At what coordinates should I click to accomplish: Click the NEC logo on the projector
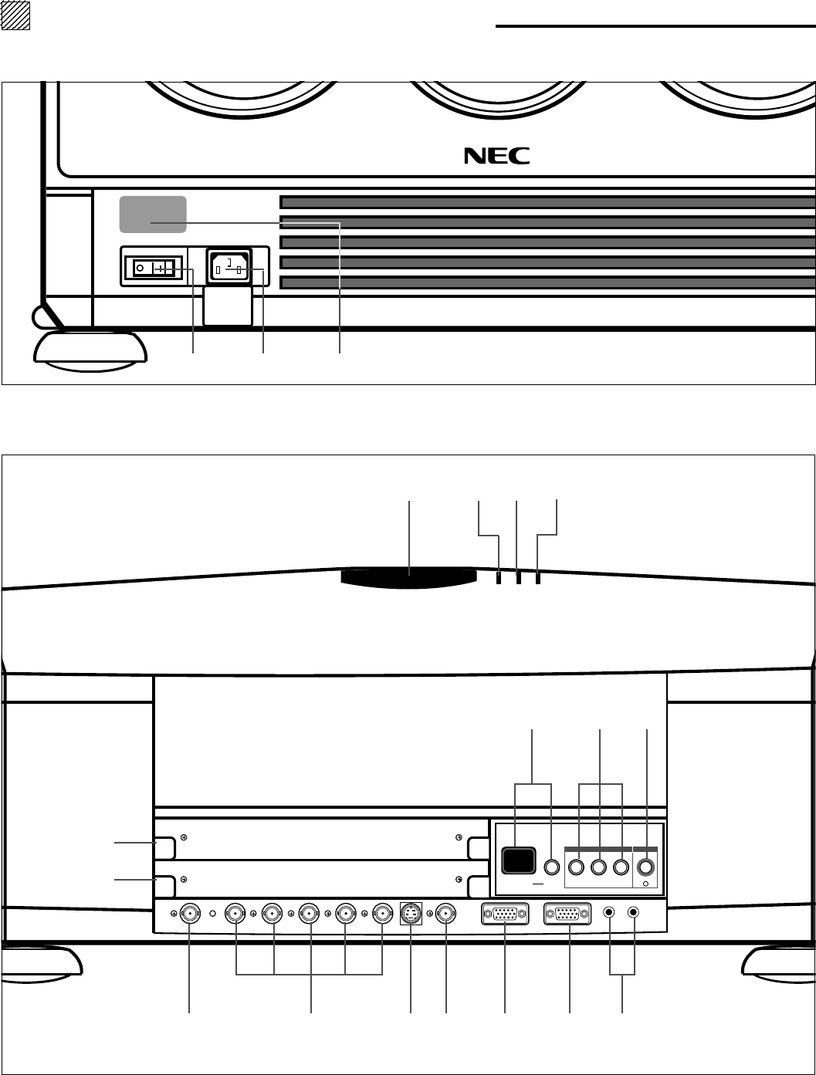[x=497, y=156]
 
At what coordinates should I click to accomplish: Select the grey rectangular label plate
[x=153, y=214]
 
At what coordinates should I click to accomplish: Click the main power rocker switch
[x=154, y=269]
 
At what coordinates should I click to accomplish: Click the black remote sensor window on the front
[x=409, y=578]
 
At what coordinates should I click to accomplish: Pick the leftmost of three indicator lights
[x=499, y=578]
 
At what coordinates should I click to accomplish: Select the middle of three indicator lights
[x=519, y=578]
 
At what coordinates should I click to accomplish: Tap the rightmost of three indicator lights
[x=538, y=578]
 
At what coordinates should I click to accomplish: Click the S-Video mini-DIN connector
[x=411, y=914]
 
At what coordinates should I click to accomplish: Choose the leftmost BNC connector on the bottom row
[x=190, y=914]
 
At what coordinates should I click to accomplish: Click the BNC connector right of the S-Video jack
[x=446, y=914]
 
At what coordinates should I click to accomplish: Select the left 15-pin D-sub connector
[x=505, y=914]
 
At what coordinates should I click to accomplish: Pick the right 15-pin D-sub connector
[x=569, y=914]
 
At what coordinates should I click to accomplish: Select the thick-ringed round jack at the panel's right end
[x=646, y=867]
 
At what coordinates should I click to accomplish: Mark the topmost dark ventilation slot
[x=547, y=203]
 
